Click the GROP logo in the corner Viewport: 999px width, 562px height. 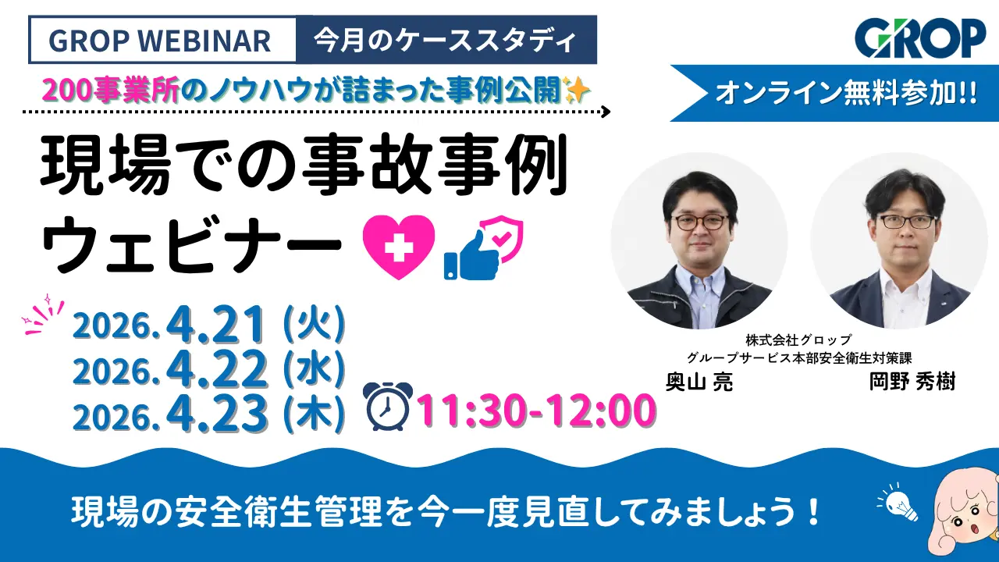[x=920, y=37]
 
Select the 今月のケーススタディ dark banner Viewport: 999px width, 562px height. [x=446, y=40]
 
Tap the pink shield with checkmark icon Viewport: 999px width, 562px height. [x=503, y=240]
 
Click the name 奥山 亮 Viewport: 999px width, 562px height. [x=699, y=383]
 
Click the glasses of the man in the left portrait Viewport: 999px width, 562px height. [x=699, y=221]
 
